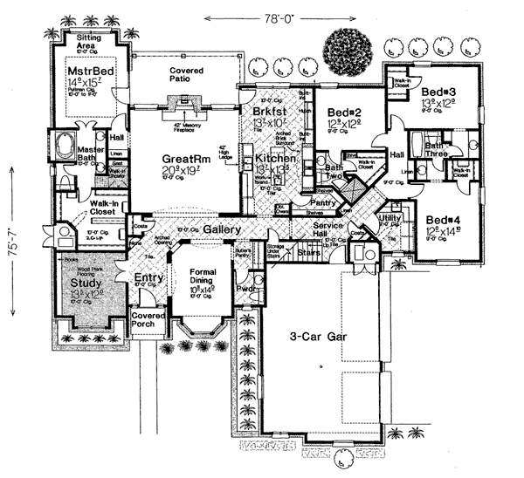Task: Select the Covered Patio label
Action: pos(186,74)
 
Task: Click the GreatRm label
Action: pos(185,159)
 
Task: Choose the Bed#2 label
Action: pos(347,113)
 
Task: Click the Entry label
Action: pos(148,277)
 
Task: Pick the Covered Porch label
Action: pos(148,320)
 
